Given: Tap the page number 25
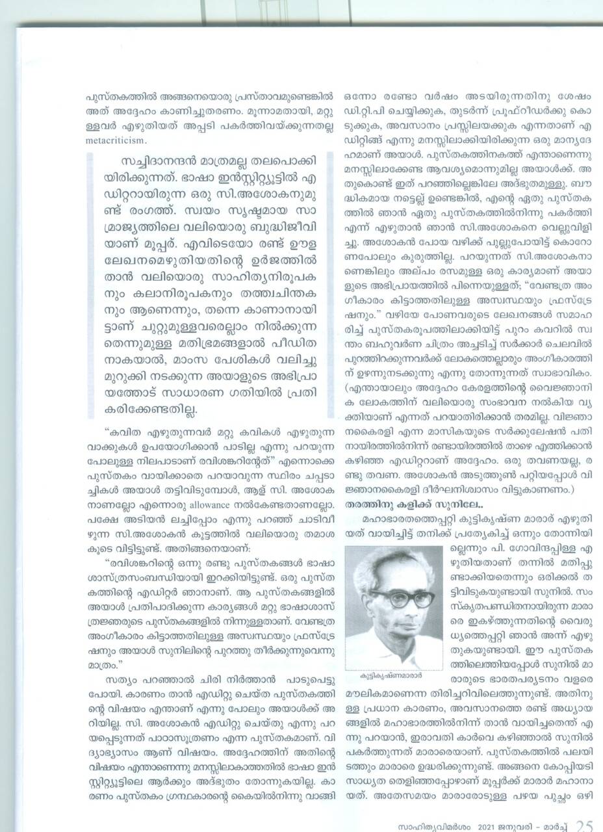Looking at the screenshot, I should tap(584, 824).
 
